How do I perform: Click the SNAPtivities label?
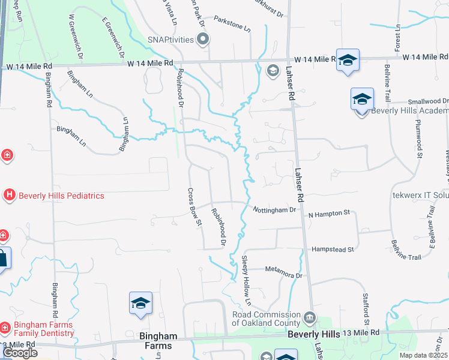(x=163, y=40)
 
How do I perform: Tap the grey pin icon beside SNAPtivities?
(x=202, y=40)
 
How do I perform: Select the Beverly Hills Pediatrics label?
(x=61, y=196)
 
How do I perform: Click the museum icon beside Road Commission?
(x=309, y=316)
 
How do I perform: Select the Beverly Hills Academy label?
(x=409, y=111)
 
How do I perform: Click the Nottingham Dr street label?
(x=274, y=210)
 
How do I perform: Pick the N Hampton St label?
(x=329, y=213)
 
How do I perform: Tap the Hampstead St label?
(x=333, y=248)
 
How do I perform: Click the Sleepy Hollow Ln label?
(x=246, y=280)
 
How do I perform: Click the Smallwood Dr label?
(x=428, y=102)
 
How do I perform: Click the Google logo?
(x=20, y=353)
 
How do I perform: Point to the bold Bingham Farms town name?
(x=155, y=341)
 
